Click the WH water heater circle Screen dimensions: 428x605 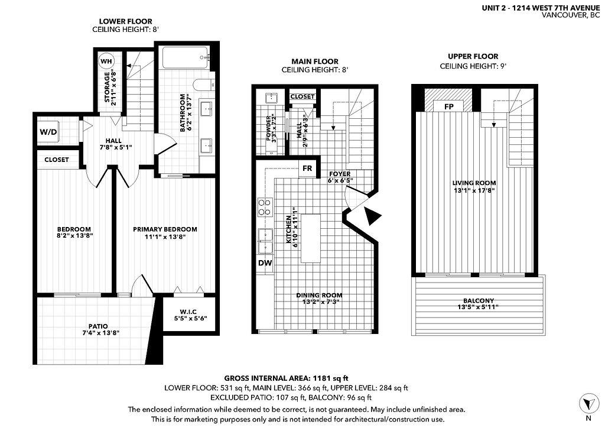tap(106, 61)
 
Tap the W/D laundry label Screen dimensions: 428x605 tap(48, 131)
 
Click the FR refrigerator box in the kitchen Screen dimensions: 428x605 tap(307, 168)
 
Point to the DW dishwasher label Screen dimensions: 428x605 tap(264, 263)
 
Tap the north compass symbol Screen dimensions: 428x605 tap(587, 404)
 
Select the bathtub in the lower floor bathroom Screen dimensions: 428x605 tap(184, 58)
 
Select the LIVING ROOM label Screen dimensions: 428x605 tap(474, 183)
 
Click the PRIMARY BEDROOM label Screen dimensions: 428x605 tap(165, 229)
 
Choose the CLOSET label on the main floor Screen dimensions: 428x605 tap(302, 96)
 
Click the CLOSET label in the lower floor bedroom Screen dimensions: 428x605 tap(57, 160)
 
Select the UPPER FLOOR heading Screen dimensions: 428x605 tap(473, 56)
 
